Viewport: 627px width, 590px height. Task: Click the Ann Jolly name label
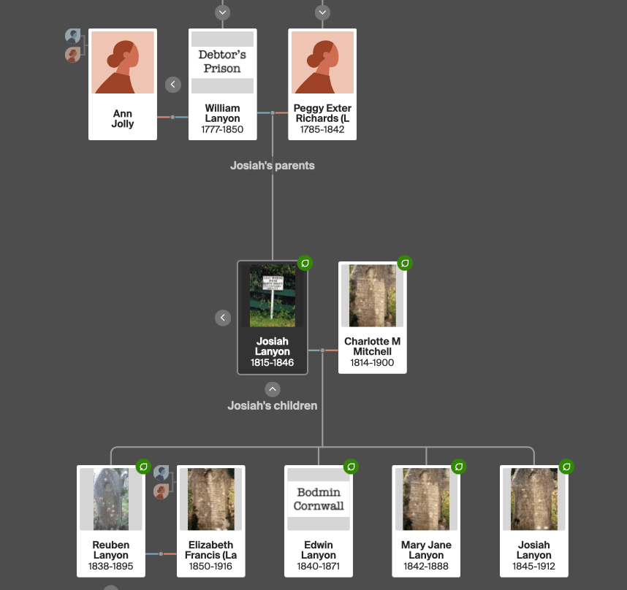pos(123,118)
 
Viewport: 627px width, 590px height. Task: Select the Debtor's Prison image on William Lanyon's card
pos(222,62)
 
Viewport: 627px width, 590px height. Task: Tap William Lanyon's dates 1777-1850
pos(222,130)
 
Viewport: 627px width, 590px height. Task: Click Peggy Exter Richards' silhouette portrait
pos(322,62)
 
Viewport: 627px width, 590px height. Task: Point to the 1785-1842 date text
pos(322,130)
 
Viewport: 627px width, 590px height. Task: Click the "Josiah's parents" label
pos(272,166)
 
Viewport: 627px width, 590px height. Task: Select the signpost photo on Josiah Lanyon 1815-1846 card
pos(273,295)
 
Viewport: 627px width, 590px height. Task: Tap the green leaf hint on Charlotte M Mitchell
pos(405,263)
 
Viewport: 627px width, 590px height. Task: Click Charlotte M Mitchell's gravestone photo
pos(372,295)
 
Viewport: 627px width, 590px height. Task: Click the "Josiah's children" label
pos(272,405)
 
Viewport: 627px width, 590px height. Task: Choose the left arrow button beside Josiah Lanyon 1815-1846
pos(224,318)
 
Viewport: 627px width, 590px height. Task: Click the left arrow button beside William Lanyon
pos(173,85)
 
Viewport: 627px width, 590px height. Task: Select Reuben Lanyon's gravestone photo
pos(111,499)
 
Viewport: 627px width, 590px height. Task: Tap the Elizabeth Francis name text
pos(211,550)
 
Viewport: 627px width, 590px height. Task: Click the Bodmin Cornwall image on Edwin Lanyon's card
pos(319,499)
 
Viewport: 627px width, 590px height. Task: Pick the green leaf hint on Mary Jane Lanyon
pos(459,466)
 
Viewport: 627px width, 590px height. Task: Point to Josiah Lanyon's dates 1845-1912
pos(534,566)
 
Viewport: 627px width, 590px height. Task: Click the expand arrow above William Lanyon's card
pos(223,12)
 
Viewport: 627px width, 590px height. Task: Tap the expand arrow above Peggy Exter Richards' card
pos(322,12)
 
